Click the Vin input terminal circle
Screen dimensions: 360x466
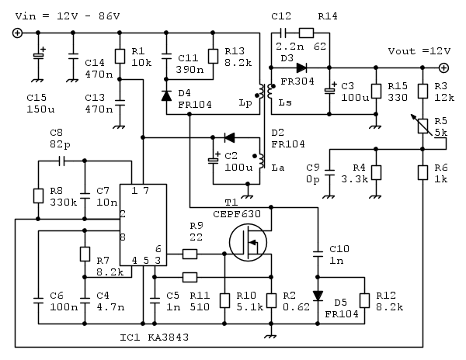tap(17, 33)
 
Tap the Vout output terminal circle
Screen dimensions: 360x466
tap(444, 67)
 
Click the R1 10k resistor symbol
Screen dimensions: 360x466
tap(120, 56)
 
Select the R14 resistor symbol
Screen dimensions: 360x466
tap(305, 33)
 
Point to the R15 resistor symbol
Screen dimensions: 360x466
tap(375, 89)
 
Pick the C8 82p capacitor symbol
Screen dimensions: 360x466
tap(61, 161)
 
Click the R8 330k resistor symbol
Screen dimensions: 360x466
tap(37, 196)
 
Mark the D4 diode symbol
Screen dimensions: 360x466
tap(166, 95)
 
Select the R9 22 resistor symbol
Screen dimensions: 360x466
tap(190, 254)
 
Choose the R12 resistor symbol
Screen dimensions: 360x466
tap(363, 301)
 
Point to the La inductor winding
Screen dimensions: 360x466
tap(259, 155)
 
